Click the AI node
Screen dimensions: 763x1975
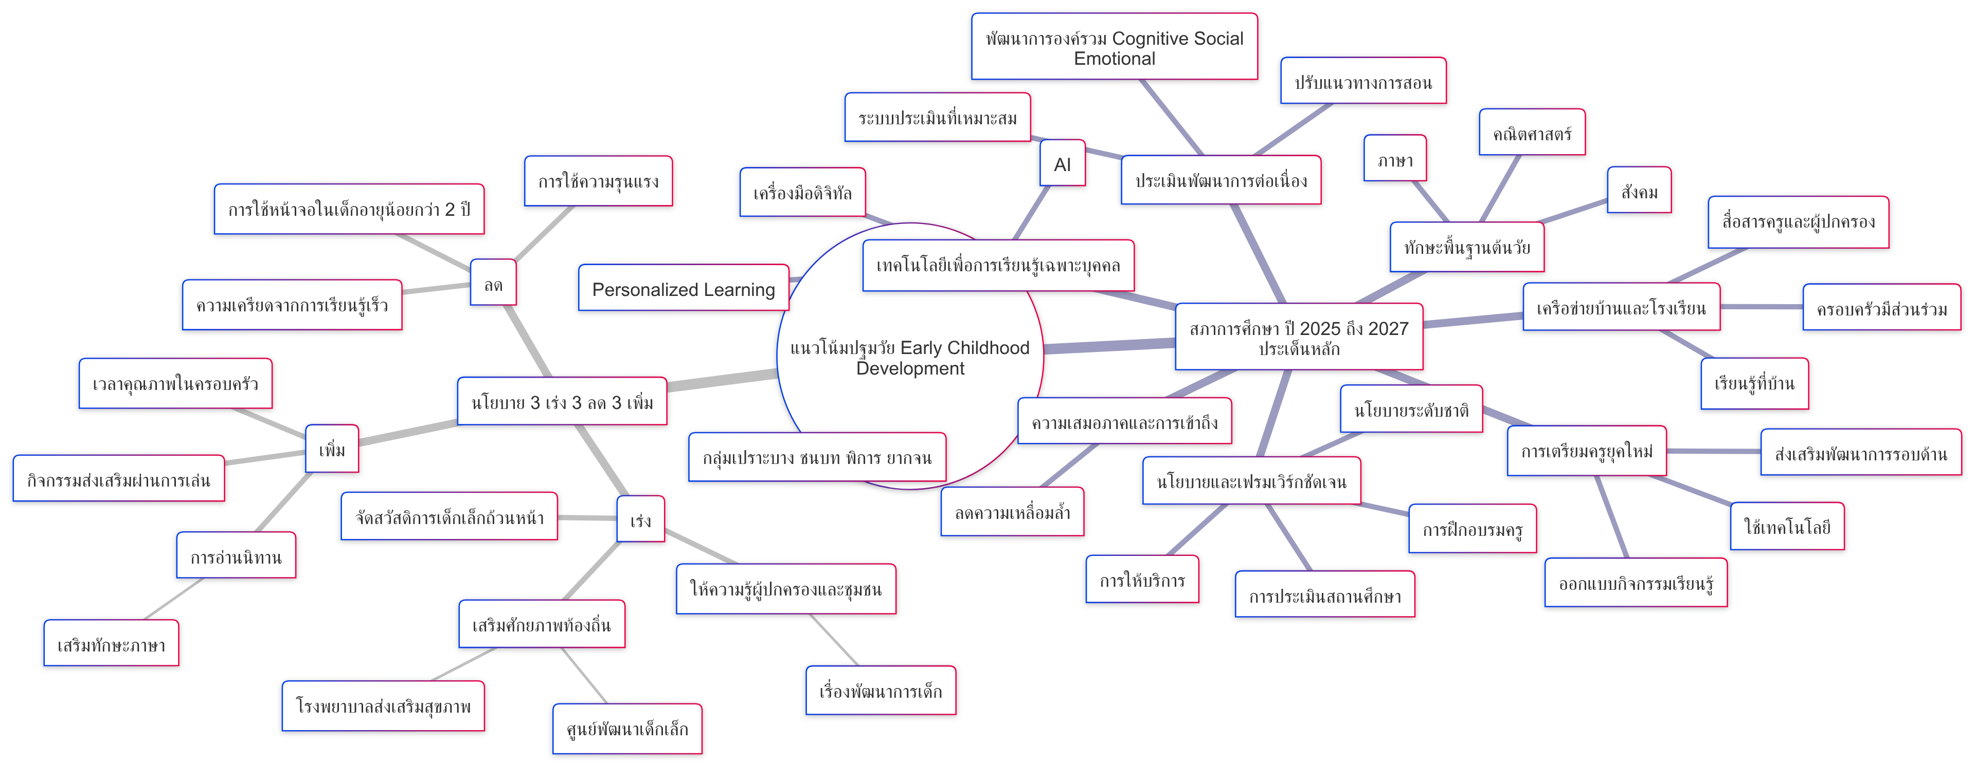coord(1062,163)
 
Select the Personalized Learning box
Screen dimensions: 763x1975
coord(683,288)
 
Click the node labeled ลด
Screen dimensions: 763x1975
coord(493,284)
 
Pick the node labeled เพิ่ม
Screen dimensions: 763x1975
coord(332,449)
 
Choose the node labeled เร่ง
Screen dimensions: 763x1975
coord(640,519)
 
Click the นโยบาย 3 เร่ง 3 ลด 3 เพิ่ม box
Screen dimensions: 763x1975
coord(562,401)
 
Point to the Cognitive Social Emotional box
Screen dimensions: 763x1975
coord(1114,47)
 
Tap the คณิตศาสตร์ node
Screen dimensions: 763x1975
coord(1531,133)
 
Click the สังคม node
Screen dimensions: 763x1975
coord(1639,190)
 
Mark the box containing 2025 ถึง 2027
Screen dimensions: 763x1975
coord(1299,337)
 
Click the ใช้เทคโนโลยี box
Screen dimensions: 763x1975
coord(1786,526)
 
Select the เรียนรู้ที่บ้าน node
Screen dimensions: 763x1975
coord(1754,383)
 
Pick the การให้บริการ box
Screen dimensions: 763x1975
coord(1142,580)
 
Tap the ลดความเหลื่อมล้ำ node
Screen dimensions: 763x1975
coord(1012,512)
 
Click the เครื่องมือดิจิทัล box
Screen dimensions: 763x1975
coord(802,192)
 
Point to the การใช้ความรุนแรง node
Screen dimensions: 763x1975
coord(598,181)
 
